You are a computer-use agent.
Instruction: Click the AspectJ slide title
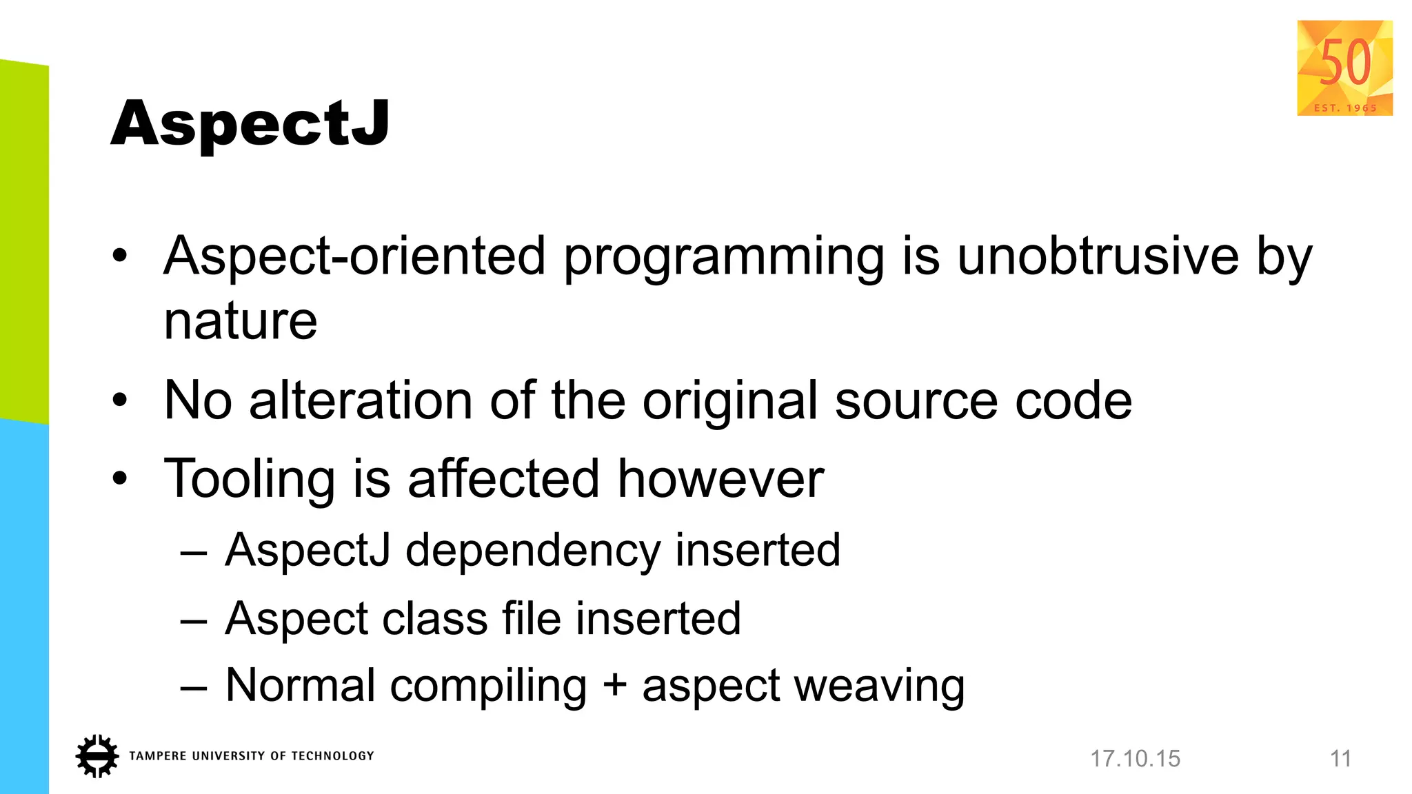tap(250, 124)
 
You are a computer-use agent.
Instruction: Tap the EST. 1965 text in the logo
tap(1345, 108)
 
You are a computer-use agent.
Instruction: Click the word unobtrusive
tap(1098, 256)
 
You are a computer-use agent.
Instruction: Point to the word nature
tap(241, 322)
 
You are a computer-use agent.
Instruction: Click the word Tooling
tap(250, 480)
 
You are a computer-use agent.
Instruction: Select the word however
tap(720, 479)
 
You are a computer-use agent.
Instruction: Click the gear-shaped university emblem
tap(97, 756)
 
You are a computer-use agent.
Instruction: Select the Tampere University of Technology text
tap(252, 756)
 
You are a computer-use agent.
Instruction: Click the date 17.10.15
tap(1135, 759)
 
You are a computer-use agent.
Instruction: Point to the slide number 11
tap(1340, 759)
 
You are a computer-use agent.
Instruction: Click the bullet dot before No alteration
tap(120, 400)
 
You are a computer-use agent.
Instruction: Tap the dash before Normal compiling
tap(194, 687)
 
